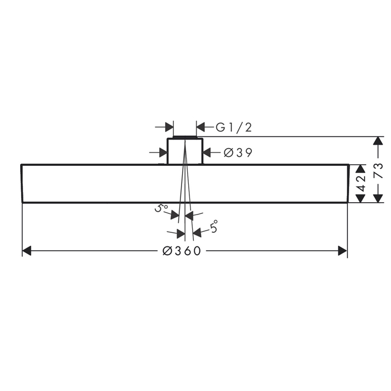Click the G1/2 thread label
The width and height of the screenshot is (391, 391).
[x=233, y=127]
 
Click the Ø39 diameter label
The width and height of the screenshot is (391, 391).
[x=238, y=152]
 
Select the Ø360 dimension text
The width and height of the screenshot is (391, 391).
[x=182, y=251]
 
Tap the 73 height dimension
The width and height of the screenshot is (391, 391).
[x=379, y=170]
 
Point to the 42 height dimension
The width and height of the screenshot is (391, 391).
[x=361, y=184]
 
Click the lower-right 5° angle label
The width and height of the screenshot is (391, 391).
[x=213, y=226]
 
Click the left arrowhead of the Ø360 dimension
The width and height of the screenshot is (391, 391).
[x=27, y=251]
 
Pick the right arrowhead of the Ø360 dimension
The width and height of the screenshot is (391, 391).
[x=342, y=251]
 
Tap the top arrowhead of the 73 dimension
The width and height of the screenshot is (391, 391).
[x=379, y=141]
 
